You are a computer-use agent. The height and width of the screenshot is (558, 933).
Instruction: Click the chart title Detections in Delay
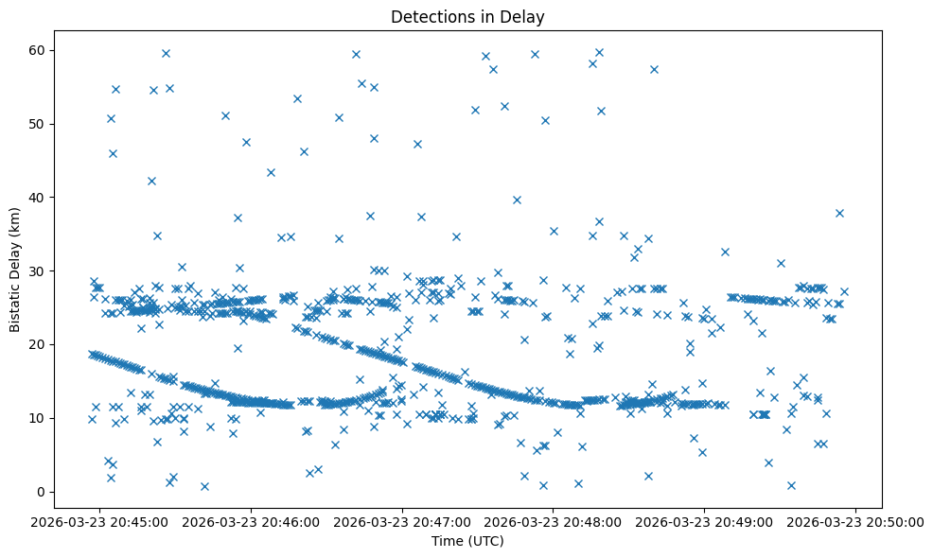coord(467,16)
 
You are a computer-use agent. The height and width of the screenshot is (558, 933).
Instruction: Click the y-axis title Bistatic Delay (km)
coord(15,270)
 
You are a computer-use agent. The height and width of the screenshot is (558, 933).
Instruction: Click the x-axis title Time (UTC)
coord(467,541)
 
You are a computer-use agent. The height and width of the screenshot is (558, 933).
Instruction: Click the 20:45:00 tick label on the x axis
coord(100,520)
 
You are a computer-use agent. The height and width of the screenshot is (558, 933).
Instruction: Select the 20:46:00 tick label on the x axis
coord(252,520)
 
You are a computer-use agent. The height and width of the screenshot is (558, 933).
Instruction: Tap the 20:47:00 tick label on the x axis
coord(403,520)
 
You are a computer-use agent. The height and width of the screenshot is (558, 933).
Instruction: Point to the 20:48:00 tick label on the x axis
coord(555,520)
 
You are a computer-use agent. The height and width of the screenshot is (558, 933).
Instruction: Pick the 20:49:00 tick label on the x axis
coord(706,520)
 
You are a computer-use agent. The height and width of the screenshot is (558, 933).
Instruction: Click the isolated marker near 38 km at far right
coord(839,213)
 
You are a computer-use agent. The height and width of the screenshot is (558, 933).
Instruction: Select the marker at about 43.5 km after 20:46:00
coord(271,172)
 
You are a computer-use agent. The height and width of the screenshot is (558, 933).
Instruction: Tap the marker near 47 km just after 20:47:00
coord(417,144)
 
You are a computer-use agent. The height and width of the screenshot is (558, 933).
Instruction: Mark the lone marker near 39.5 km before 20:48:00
coord(517,200)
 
